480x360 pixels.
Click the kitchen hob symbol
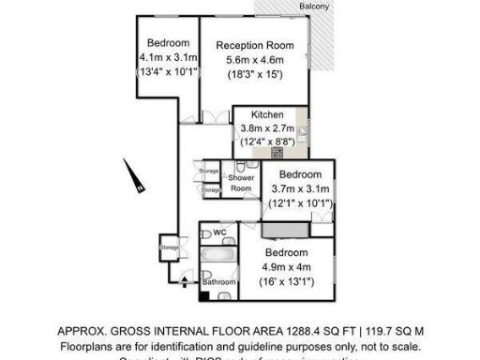click(x=277, y=152)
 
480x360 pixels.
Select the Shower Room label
click(x=241, y=182)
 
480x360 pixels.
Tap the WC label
click(x=221, y=232)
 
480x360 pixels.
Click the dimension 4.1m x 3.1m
click(x=169, y=57)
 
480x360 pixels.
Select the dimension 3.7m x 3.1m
click(x=300, y=188)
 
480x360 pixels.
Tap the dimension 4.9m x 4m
click(x=286, y=267)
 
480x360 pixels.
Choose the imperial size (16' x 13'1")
click(x=286, y=281)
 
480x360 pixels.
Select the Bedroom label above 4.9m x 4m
click(x=286, y=253)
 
